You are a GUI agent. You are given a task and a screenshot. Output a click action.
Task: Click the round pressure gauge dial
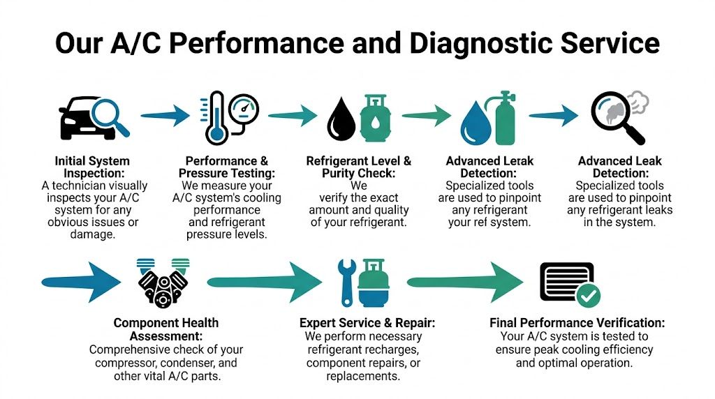(x=243, y=108)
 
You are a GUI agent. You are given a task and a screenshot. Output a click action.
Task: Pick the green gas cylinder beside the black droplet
(x=376, y=116)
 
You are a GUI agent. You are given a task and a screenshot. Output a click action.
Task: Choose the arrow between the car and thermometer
(x=164, y=114)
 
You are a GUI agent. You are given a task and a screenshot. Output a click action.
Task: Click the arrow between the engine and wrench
(x=265, y=282)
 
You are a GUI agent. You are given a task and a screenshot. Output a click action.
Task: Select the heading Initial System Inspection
(x=92, y=167)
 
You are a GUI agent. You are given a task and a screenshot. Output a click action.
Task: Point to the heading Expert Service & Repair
(x=367, y=323)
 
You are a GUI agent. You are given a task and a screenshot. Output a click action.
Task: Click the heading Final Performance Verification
(x=577, y=323)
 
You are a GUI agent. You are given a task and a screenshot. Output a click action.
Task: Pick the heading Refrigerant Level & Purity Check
(x=359, y=167)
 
